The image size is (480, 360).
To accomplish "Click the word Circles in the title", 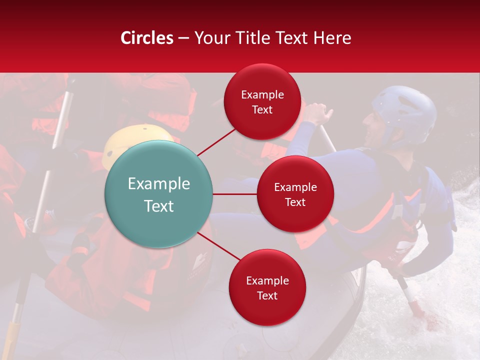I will pyautogui.click(x=146, y=38).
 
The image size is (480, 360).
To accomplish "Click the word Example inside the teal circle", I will pyautogui.click(x=158, y=184).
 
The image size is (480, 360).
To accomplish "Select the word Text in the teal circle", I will pyautogui.click(x=158, y=206).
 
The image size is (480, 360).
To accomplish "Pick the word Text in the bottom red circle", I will pyautogui.click(x=267, y=296).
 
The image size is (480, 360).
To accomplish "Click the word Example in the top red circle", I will pyautogui.click(x=262, y=95).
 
